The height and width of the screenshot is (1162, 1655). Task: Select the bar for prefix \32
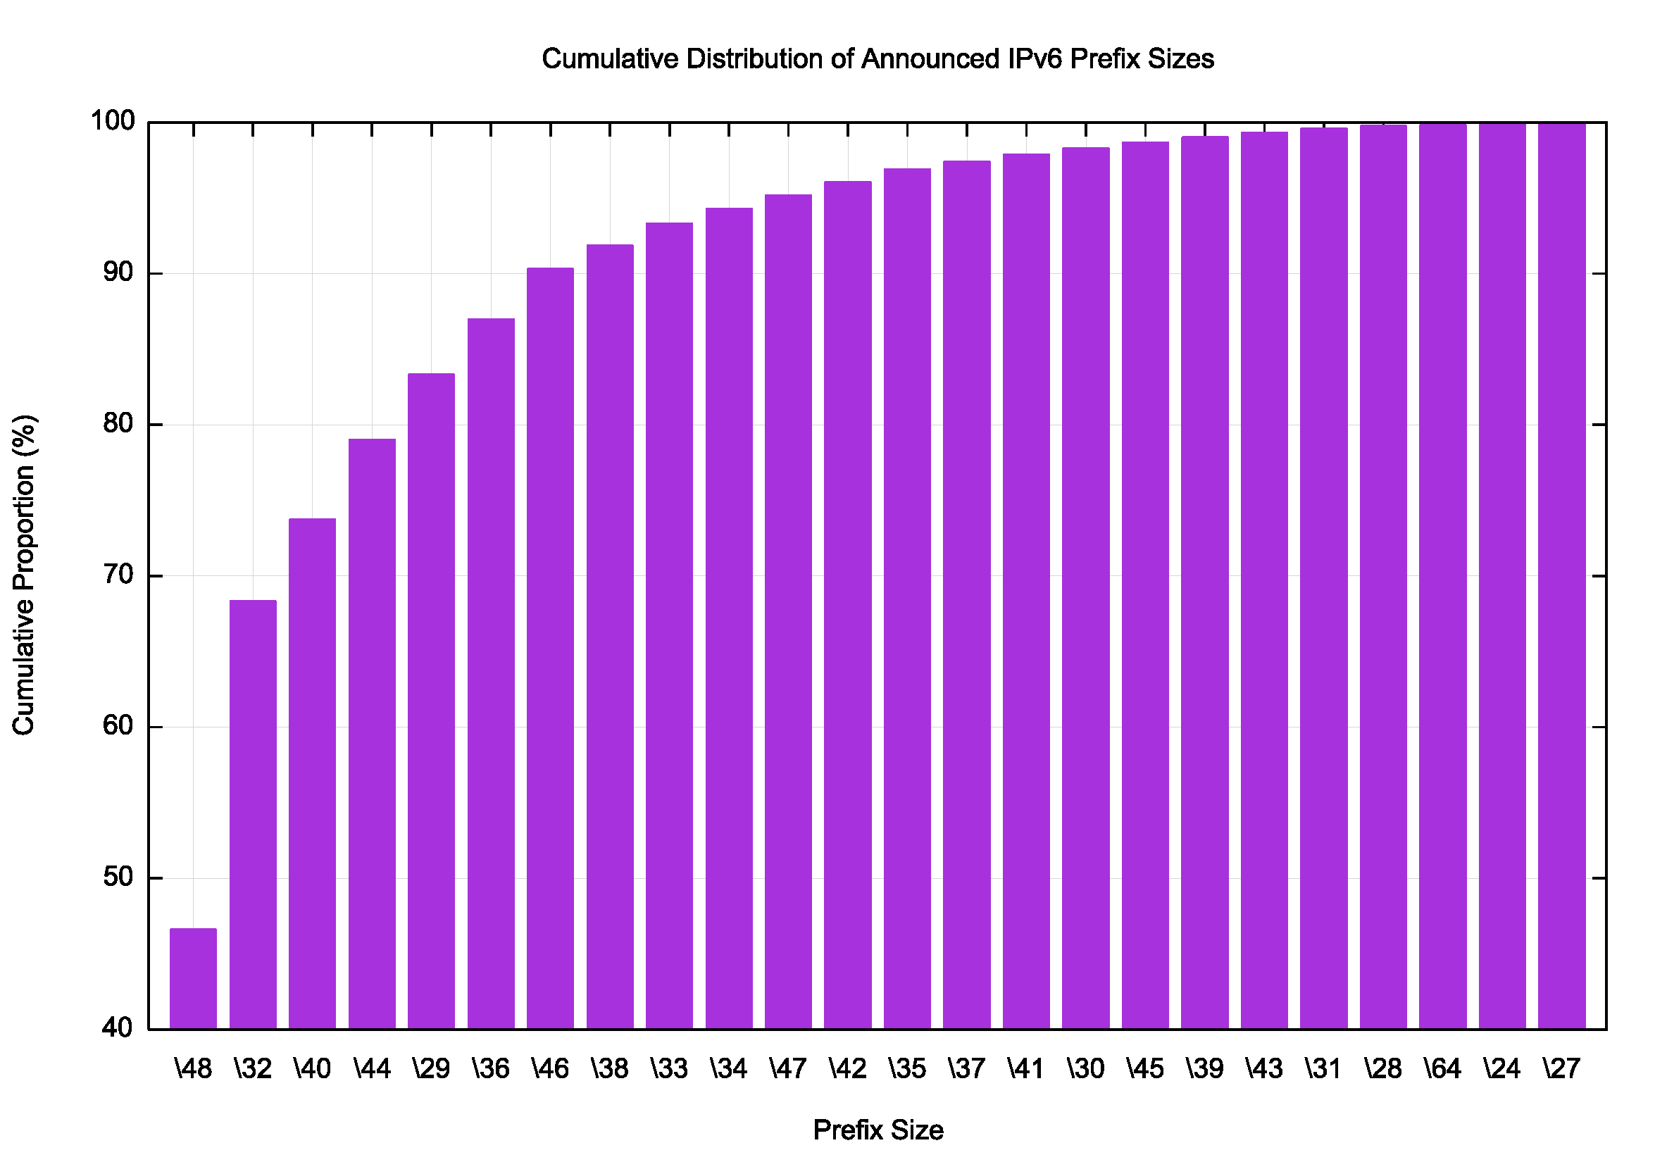click(253, 815)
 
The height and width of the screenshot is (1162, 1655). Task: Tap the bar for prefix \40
click(312, 773)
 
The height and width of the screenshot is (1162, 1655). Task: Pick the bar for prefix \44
click(372, 734)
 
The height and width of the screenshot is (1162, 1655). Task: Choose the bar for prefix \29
click(431, 701)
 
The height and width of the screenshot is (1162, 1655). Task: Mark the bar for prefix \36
click(491, 673)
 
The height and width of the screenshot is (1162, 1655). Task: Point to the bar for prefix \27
click(1561, 577)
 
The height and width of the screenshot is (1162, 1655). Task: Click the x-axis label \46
click(551, 1069)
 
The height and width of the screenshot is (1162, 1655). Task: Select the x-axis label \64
click(1442, 1069)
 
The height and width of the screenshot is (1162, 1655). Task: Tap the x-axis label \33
click(670, 1069)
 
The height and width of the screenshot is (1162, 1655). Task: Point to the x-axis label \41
click(1026, 1069)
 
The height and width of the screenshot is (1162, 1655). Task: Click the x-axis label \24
click(1502, 1069)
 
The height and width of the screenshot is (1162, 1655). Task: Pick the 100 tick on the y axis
click(113, 121)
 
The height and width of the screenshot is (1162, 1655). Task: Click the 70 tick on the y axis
click(118, 575)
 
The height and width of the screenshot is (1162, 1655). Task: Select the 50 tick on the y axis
click(118, 877)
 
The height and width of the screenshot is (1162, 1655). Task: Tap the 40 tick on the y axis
click(118, 1028)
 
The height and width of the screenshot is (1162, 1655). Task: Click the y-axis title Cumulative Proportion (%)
click(24, 575)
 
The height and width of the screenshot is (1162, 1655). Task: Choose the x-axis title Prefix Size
click(878, 1130)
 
